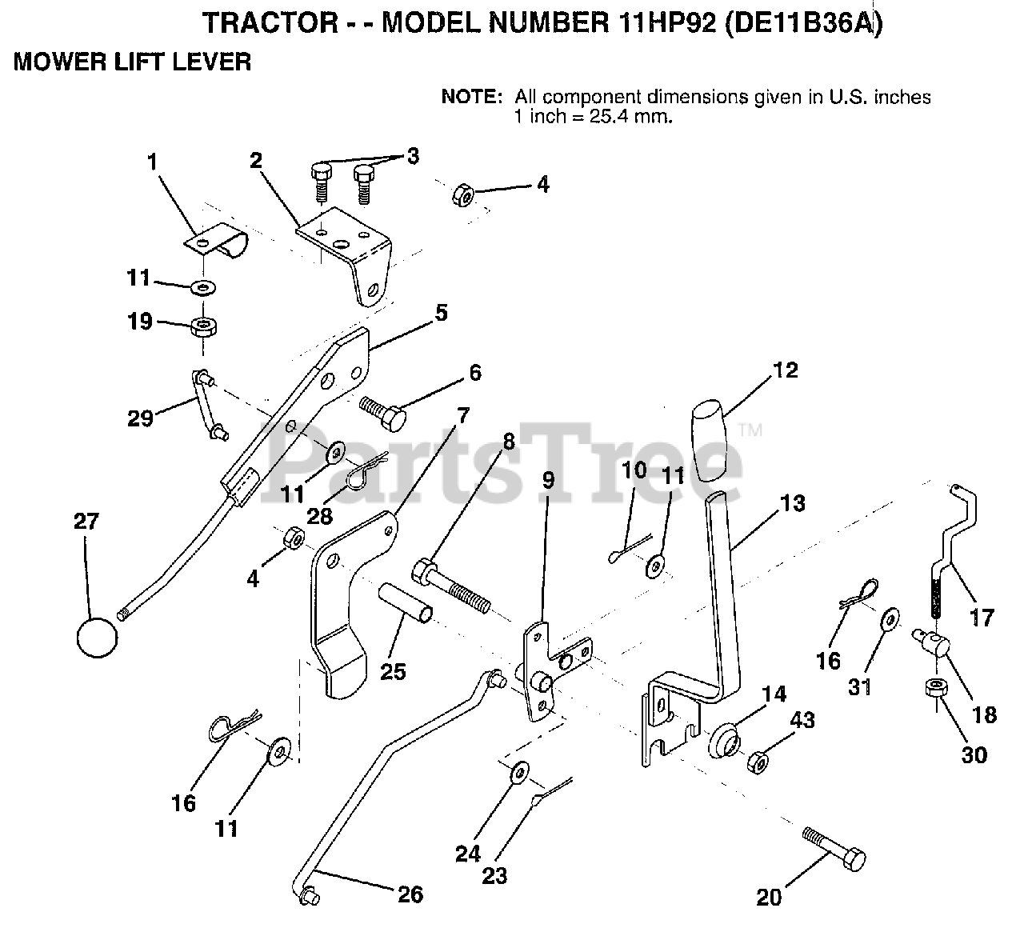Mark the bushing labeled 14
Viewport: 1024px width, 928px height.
point(726,739)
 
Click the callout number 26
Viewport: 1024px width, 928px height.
point(410,894)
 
